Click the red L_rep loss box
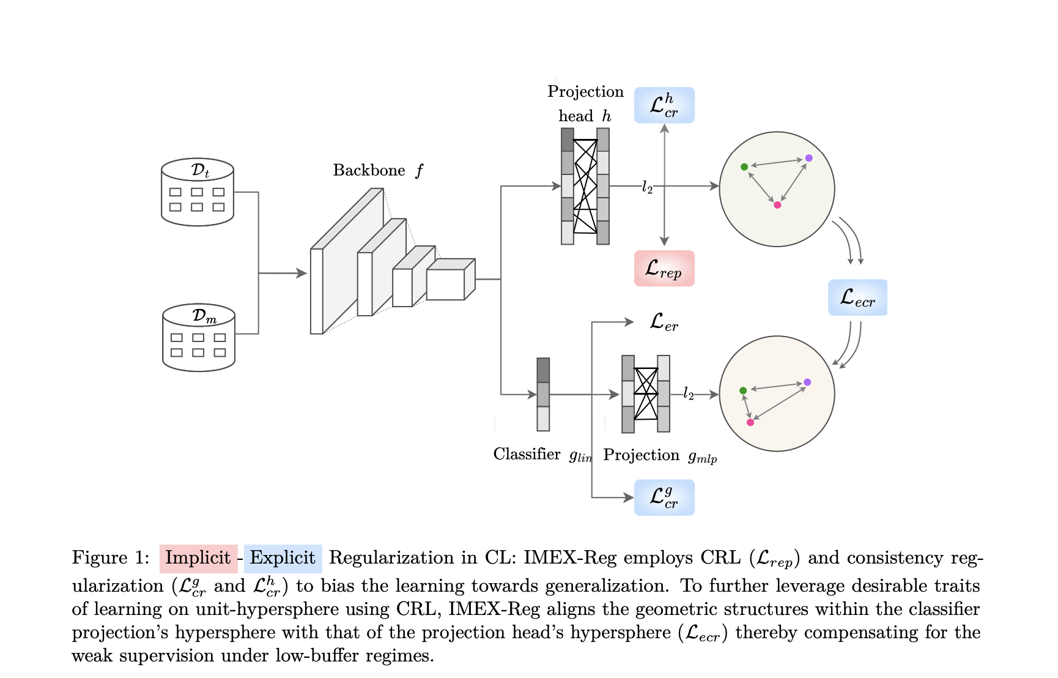tap(664, 268)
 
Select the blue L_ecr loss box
tap(857, 297)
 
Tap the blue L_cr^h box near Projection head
tap(664, 105)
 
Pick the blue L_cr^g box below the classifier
tap(664, 497)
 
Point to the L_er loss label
tap(664, 322)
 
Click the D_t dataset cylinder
tap(198, 192)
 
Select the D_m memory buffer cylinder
tap(199, 338)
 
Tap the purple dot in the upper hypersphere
tap(809, 158)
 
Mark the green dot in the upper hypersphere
tap(744, 166)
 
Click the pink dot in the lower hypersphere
tap(750, 422)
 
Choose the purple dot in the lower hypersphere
tap(807, 382)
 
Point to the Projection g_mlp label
tap(660, 455)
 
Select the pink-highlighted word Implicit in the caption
tap(198, 558)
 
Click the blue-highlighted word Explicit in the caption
tap(283, 558)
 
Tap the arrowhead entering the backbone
tap(301, 273)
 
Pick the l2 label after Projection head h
tap(647, 187)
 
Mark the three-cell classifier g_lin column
tap(543, 395)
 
